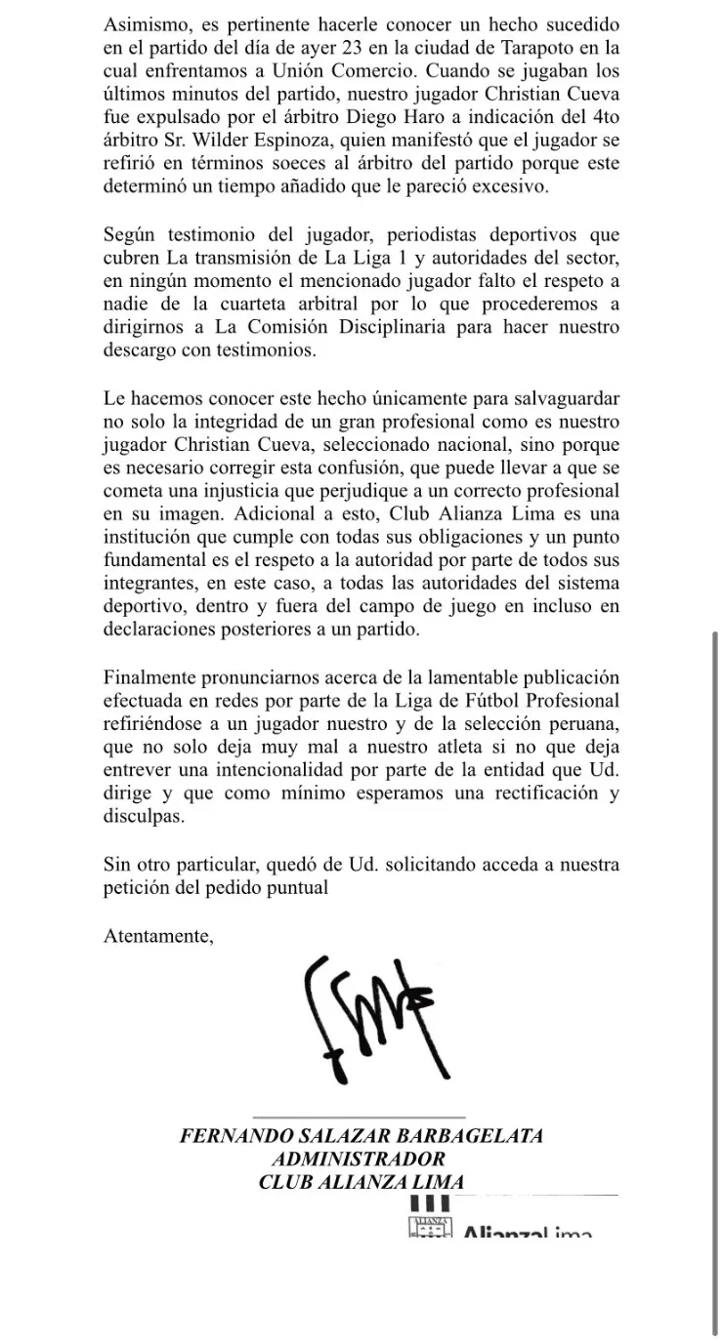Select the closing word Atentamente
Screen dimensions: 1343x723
point(157,937)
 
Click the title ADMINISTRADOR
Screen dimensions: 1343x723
point(361,1160)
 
